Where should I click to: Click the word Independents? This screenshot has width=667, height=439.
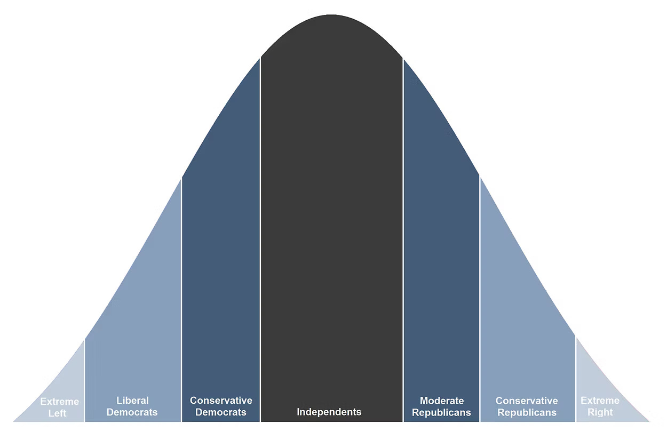(x=329, y=412)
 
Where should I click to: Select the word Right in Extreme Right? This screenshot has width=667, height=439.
(x=600, y=412)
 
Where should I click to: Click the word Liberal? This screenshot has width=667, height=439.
(x=132, y=401)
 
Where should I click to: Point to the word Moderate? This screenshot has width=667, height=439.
(x=442, y=401)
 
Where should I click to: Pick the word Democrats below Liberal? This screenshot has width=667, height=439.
(x=132, y=412)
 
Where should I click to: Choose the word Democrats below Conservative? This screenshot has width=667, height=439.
(x=221, y=412)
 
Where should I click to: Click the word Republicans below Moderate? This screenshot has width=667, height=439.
(x=442, y=412)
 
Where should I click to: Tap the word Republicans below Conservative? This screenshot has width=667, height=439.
(x=527, y=412)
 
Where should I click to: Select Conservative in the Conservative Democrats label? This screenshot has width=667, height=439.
(x=221, y=401)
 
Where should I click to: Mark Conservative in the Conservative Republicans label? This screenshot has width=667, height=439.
(x=527, y=401)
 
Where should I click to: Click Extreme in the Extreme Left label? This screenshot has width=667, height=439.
(x=60, y=402)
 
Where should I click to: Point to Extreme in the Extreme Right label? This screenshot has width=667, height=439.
(x=600, y=401)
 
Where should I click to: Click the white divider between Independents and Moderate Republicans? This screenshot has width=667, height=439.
(x=403, y=240)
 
